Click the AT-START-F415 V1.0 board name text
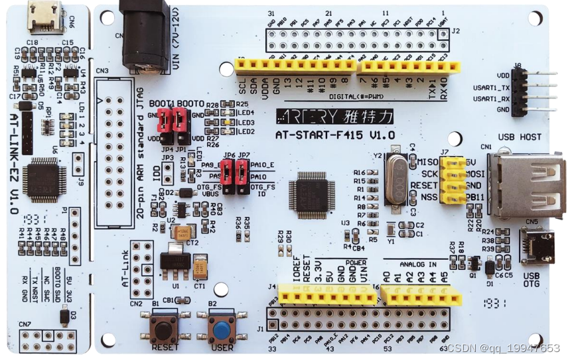click(x=335, y=135)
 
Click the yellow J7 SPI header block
click(x=456, y=178)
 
